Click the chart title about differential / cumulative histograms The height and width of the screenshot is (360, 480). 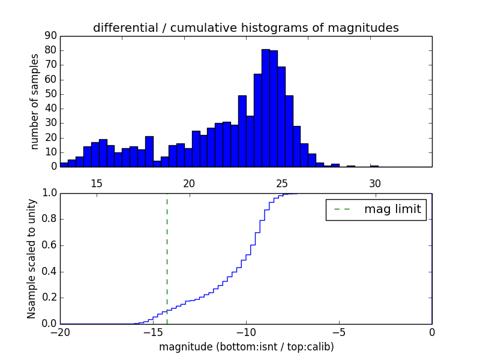pyautogui.click(x=245, y=28)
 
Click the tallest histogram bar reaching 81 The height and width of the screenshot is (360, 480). pyautogui.click(x=266, y=108)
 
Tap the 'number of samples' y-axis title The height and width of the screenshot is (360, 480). pyautogui.click(x=35, y=101)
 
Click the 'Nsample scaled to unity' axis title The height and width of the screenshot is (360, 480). pyautogui.click(x=32, y=259)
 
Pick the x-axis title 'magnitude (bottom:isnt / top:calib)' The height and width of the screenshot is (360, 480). pyautogui.click(x=246, y=347)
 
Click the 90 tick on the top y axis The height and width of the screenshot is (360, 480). pyautogui.click(x=50, y=36)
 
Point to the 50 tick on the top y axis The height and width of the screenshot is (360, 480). pyautogui.click(x=50, y=94)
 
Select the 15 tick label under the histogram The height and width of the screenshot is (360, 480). pyautogui.click(x=97, y=184)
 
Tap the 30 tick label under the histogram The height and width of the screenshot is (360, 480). pyautogui.click(x=375, y=184)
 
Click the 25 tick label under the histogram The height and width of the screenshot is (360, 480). pyautogui.click(x=282, y=184)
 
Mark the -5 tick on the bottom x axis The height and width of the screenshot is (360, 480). pyautogui.click(x=339, y=332)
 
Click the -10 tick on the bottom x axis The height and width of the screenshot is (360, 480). pyautogui.click(x=246, y=332)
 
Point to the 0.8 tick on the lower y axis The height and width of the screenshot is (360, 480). pyautogui.click(x=48, y=219)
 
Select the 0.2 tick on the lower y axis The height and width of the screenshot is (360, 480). pyautogui.click(x=48, y=298)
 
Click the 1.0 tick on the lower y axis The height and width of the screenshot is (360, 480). pyautogui.click(x=48, y=193)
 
